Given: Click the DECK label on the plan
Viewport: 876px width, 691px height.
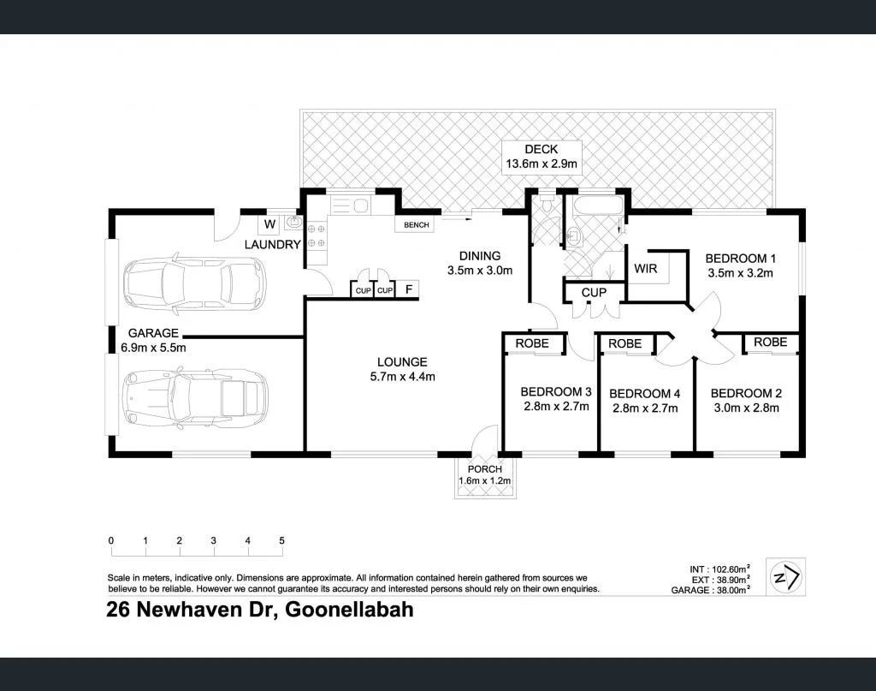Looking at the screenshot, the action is coord(541,149).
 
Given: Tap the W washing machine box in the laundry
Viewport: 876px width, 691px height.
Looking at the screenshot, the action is coord(269,224).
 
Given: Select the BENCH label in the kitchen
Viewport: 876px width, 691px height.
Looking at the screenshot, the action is coord(417,224).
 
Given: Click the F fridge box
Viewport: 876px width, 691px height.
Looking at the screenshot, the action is coord(408,289).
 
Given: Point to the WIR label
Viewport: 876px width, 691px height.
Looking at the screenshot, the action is coord(645,269).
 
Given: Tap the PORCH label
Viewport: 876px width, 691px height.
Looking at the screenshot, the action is coord(484,469).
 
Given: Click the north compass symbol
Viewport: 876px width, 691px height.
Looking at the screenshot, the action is coord(786,577).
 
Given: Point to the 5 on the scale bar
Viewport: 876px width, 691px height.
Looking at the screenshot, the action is coord(281,540).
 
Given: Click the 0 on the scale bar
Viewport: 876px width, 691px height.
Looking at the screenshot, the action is coord(111,540).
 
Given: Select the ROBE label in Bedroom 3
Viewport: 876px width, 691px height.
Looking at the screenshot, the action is coord(532,343).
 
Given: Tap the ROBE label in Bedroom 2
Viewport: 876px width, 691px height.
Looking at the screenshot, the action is coord(771,343).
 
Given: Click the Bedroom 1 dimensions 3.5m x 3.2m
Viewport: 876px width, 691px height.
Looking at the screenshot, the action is coord(740,273).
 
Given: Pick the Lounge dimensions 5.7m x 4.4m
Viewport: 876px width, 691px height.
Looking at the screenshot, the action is coord(402,377).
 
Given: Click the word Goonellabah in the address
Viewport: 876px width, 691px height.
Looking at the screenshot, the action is coord(349,609).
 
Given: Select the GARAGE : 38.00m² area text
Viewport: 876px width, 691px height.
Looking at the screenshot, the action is coord(710,590).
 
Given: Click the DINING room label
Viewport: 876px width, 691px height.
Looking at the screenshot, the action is coord(480,256).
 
